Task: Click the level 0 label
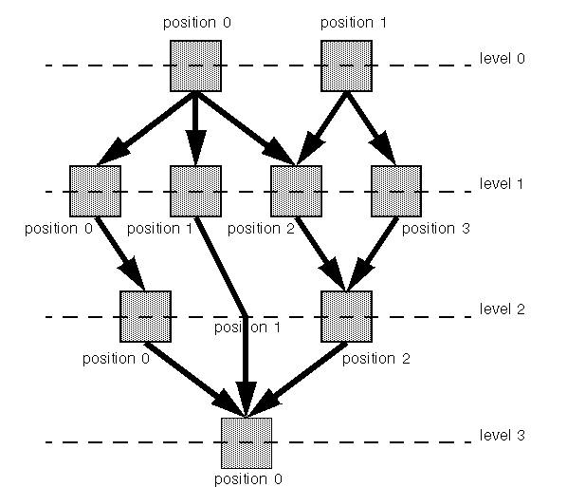[502, 58]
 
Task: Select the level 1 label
[502, 183]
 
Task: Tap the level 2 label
[502, 309]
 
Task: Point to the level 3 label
[502, 435]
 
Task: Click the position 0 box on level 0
[195, 66]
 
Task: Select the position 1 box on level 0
[346, 66]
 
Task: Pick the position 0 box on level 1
[95, 191]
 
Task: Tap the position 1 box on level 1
[195, 191]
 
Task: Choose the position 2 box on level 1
[296, 191]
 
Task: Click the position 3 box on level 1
[396, 191]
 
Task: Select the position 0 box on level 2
[145, 316]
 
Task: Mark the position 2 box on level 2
[346, 316]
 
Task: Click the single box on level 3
[247, 443]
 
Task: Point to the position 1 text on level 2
[247, 328]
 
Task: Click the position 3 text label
[436, 229]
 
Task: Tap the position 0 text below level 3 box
[248, 479]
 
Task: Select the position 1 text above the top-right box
[354, 23]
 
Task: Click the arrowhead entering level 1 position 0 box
[113, 152]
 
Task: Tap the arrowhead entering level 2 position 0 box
[133, 274]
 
